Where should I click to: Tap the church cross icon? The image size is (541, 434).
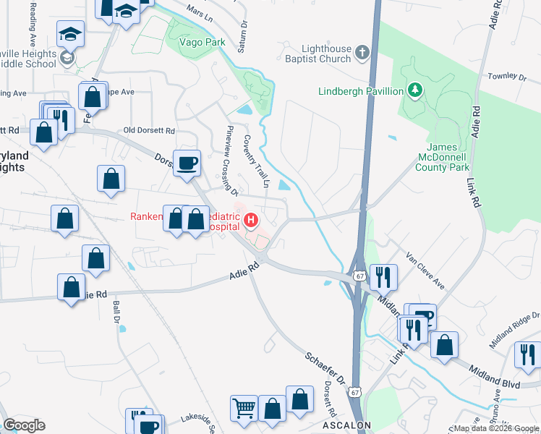pos(362,53)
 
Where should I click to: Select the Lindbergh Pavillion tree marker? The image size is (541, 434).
pos(414,90)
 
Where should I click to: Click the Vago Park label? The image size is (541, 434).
pos(203,43)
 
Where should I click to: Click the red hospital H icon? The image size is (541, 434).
pos(252,219)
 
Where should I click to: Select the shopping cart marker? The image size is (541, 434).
pos(244,408)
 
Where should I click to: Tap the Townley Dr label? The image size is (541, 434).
pos(506,76)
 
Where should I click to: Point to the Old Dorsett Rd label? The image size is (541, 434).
pos(150,131)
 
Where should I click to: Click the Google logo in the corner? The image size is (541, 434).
pos(25,425)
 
